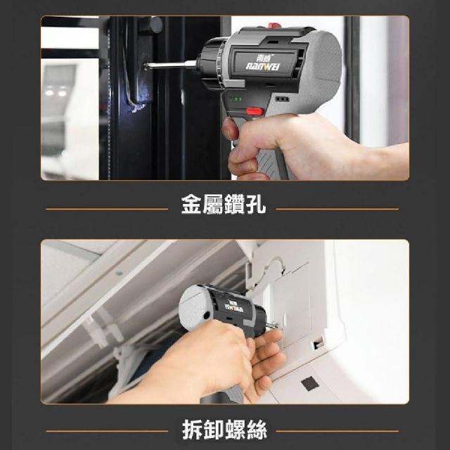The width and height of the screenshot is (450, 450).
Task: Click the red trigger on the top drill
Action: tap(255, 111)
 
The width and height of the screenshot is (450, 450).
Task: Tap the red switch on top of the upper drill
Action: tap(275, 25)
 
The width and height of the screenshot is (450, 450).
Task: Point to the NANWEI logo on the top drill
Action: tap(263, 67)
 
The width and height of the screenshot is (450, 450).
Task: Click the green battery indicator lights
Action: tap(236, 98)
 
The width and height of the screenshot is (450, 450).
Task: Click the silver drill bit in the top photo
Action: tap(170, 65)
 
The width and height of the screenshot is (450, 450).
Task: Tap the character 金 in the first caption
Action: tap(191, 205)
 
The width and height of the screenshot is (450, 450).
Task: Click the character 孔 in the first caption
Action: tap(256, 205)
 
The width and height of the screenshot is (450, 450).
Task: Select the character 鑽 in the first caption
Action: tap(234, 205)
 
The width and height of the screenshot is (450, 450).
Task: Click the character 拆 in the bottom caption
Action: tap(193, 430)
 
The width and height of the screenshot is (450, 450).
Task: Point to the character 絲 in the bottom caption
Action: tap(257, 430)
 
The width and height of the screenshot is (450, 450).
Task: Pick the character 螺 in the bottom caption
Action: tap(236, 430)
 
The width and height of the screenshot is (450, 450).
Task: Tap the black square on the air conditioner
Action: tap(310, 383)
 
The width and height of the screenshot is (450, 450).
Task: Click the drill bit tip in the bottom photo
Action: tap(277, 326)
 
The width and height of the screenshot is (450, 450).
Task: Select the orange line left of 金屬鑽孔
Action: tap(107, 210)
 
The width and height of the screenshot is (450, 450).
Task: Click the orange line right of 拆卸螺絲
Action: tap(337, 431)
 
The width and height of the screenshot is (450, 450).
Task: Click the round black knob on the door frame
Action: tap(151, 25)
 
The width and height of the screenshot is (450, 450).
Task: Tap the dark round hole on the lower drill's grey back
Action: tap(206, 316)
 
